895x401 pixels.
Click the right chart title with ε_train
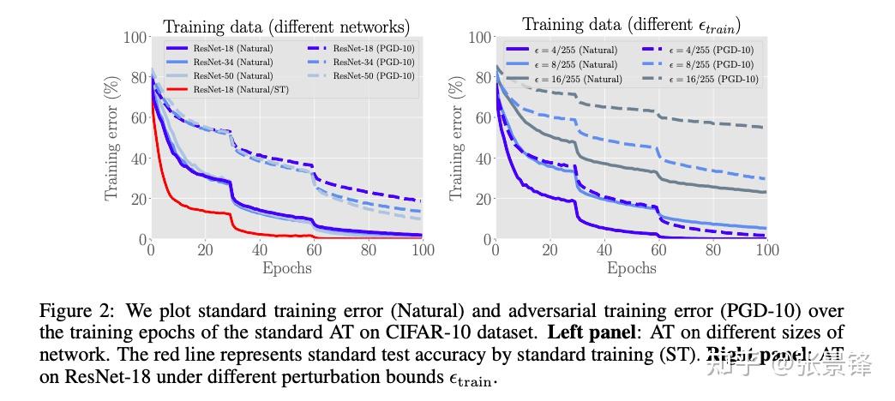click(x=631, y=25)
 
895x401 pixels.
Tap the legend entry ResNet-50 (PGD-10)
click(x=373, y=75)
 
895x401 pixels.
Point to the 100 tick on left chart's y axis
click(x=135, y=38)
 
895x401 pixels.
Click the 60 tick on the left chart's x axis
click(x=314, y=250)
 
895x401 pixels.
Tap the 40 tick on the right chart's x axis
click(x=604, y=250)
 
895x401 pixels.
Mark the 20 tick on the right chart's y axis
click(x=482, y=199)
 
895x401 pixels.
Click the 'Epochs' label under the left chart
click(x=286, y=268)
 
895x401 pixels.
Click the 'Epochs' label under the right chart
click(x=631, y=268)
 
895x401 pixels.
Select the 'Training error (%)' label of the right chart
click(x=455, y=139)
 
